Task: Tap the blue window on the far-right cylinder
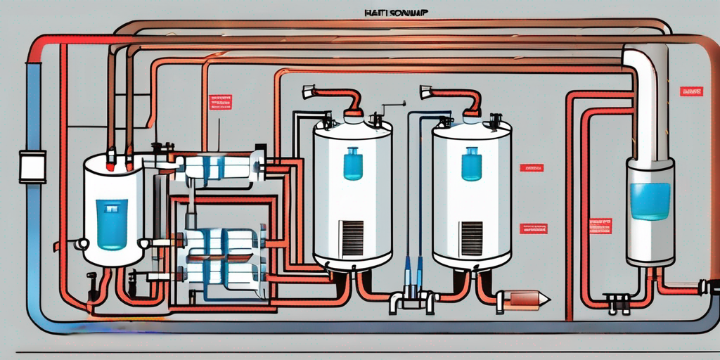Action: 650,201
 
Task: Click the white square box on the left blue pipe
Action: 32,166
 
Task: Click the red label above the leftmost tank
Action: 220,102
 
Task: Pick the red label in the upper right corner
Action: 691,91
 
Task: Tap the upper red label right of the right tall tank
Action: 532,168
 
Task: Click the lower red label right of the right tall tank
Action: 533,229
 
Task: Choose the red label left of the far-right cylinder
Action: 600,226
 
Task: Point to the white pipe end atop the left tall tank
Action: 309,92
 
